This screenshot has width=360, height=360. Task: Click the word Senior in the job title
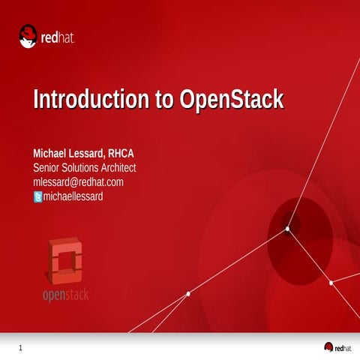coord(48,168)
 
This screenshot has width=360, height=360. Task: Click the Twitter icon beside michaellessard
coord(38,197)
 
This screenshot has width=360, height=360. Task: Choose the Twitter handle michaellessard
coord(73,196)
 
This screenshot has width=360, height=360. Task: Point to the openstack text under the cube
coord(66,294)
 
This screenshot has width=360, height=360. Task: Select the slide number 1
coord(20,347)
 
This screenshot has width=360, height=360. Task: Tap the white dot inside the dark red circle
coord(287,229)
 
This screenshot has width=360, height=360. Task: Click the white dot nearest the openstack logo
coord(187,293)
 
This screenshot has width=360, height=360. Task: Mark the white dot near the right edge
coord(331,283)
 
